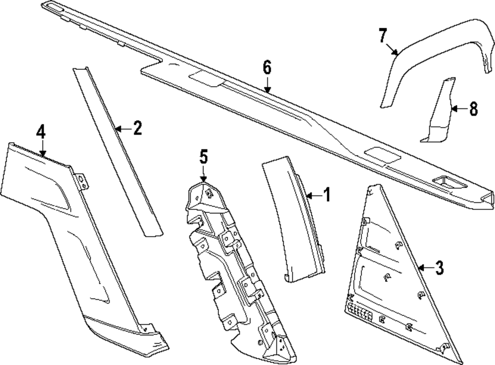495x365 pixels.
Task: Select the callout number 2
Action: click(137, 129)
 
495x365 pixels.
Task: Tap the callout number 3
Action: click(439, 268)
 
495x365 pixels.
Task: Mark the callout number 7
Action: click(382, 36)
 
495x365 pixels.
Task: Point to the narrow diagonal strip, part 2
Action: click(116, 149)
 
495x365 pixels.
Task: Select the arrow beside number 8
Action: click(458, 107)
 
